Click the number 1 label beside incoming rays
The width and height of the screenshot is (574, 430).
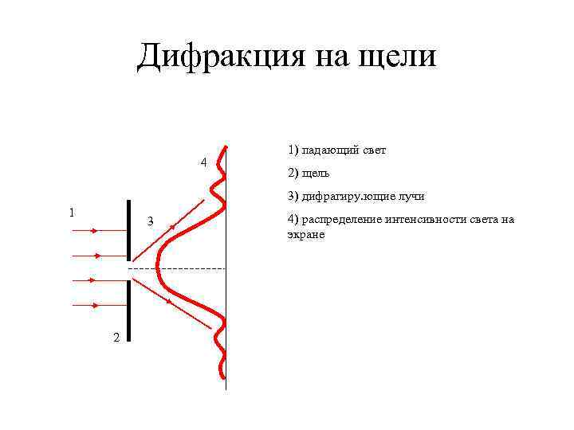(x=73, y=212)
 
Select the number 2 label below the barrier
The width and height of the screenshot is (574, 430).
(x=116, y=338)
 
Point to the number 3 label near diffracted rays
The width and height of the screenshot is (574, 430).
(x=149, y=221)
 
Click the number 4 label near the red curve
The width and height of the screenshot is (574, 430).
(x=204, y=162)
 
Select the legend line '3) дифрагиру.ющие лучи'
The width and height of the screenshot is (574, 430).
(x=356, y=196)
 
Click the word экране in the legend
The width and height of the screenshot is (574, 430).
(x=306, y=236)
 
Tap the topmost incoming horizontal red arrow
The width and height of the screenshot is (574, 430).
(x=84, y=230)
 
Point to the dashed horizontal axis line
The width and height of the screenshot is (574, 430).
(x=191, y=269)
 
